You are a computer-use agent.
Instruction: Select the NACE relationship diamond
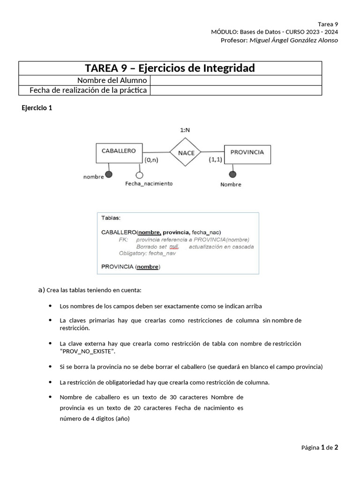tap(186, 153)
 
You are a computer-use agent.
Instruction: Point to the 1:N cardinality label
tap(186, 130)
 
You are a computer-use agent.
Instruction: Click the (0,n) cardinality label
tap(151, 160)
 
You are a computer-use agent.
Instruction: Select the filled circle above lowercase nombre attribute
tap(109, 175)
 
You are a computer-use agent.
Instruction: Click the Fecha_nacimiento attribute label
tap(149, 184)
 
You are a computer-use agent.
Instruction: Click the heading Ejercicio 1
tap(37, 108)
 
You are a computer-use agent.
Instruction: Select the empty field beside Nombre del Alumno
tap(236, 80)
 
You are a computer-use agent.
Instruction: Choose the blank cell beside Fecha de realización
tap(236, 90)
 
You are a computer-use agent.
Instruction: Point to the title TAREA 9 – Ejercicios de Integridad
tap(170, 68)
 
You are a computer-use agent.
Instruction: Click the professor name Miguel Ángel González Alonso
tap(293, 40)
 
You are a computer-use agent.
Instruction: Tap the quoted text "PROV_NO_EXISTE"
tap(88, 352)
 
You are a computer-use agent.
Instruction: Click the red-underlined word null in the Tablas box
tap(174, 247)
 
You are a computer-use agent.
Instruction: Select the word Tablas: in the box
tap(111, 218)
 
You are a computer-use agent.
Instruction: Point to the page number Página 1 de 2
tap(319, 448)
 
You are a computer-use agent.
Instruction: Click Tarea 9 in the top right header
tap(328, 24)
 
